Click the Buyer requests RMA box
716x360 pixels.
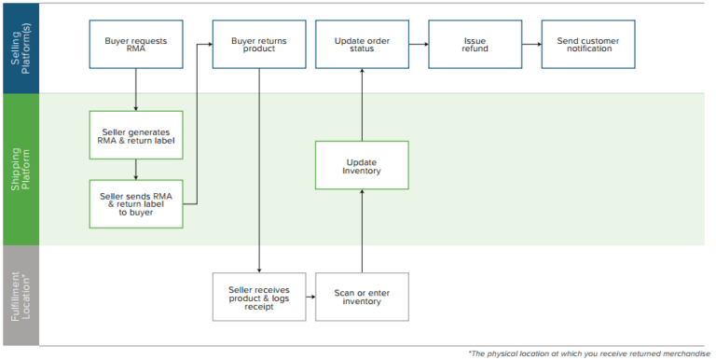click(136, 45)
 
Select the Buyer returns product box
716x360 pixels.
click(258, 45)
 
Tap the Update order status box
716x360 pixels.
click(362, 45)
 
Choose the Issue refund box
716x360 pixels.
click(474, 45)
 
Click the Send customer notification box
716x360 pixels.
click(588, 45)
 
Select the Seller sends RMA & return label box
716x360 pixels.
click(136, 203)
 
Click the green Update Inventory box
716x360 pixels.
click(362, 165)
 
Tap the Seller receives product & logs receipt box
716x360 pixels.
click(258, 297)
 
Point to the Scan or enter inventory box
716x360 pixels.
click(362, 297)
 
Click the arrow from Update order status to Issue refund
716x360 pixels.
click(418, 44)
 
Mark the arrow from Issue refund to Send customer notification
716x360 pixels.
click(530, 44)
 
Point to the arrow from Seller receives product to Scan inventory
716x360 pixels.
click(310, 297)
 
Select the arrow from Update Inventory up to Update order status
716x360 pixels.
click(362, 104)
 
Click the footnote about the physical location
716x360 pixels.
click(589, 353)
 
